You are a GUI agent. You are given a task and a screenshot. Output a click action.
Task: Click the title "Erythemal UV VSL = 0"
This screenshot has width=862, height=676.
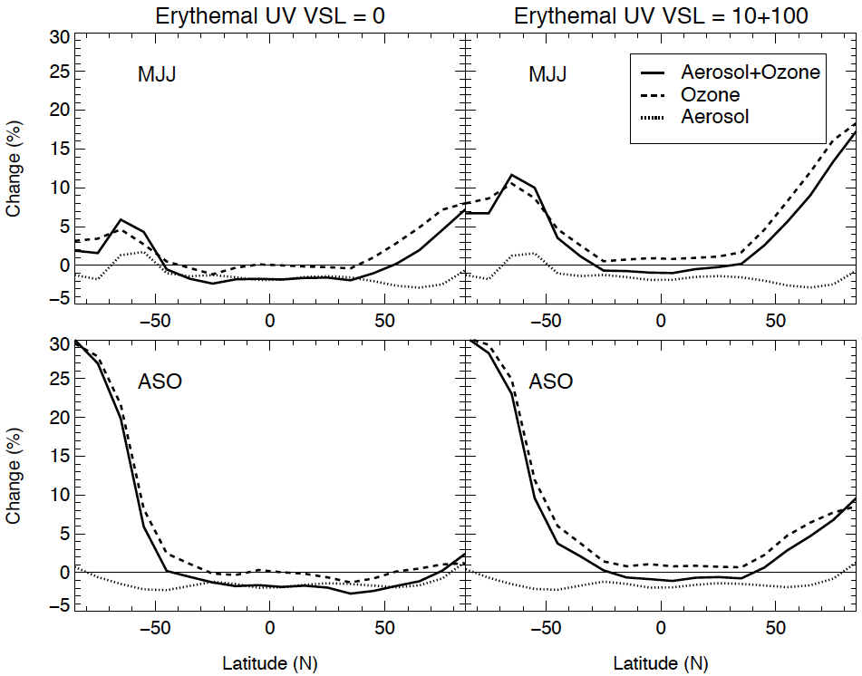(x=269, y=15)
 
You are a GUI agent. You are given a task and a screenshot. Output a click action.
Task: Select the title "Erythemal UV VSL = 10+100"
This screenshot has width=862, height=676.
(x=660, y=15)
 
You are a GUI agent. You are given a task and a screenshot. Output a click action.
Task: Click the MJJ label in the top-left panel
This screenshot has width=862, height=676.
(x=157, y=74)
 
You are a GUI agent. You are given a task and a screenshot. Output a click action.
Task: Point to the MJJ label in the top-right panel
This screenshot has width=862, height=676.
(x=547, y=74)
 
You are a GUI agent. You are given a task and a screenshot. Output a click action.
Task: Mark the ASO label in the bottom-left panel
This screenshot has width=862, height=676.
(x=160, y=381)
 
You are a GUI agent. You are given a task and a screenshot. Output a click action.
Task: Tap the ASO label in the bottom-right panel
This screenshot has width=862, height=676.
(x=551, y=381)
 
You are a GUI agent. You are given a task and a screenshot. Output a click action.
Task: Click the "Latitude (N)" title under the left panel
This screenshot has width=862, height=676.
(x=269, y=663)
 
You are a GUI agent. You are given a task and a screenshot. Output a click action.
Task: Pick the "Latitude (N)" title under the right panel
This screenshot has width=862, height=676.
(x=660, y=663)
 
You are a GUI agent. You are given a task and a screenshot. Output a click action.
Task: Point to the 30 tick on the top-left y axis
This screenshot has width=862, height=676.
(x=60, y=37)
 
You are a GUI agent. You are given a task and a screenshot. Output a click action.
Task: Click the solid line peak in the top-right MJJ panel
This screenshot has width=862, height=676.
(x=513, y=175)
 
